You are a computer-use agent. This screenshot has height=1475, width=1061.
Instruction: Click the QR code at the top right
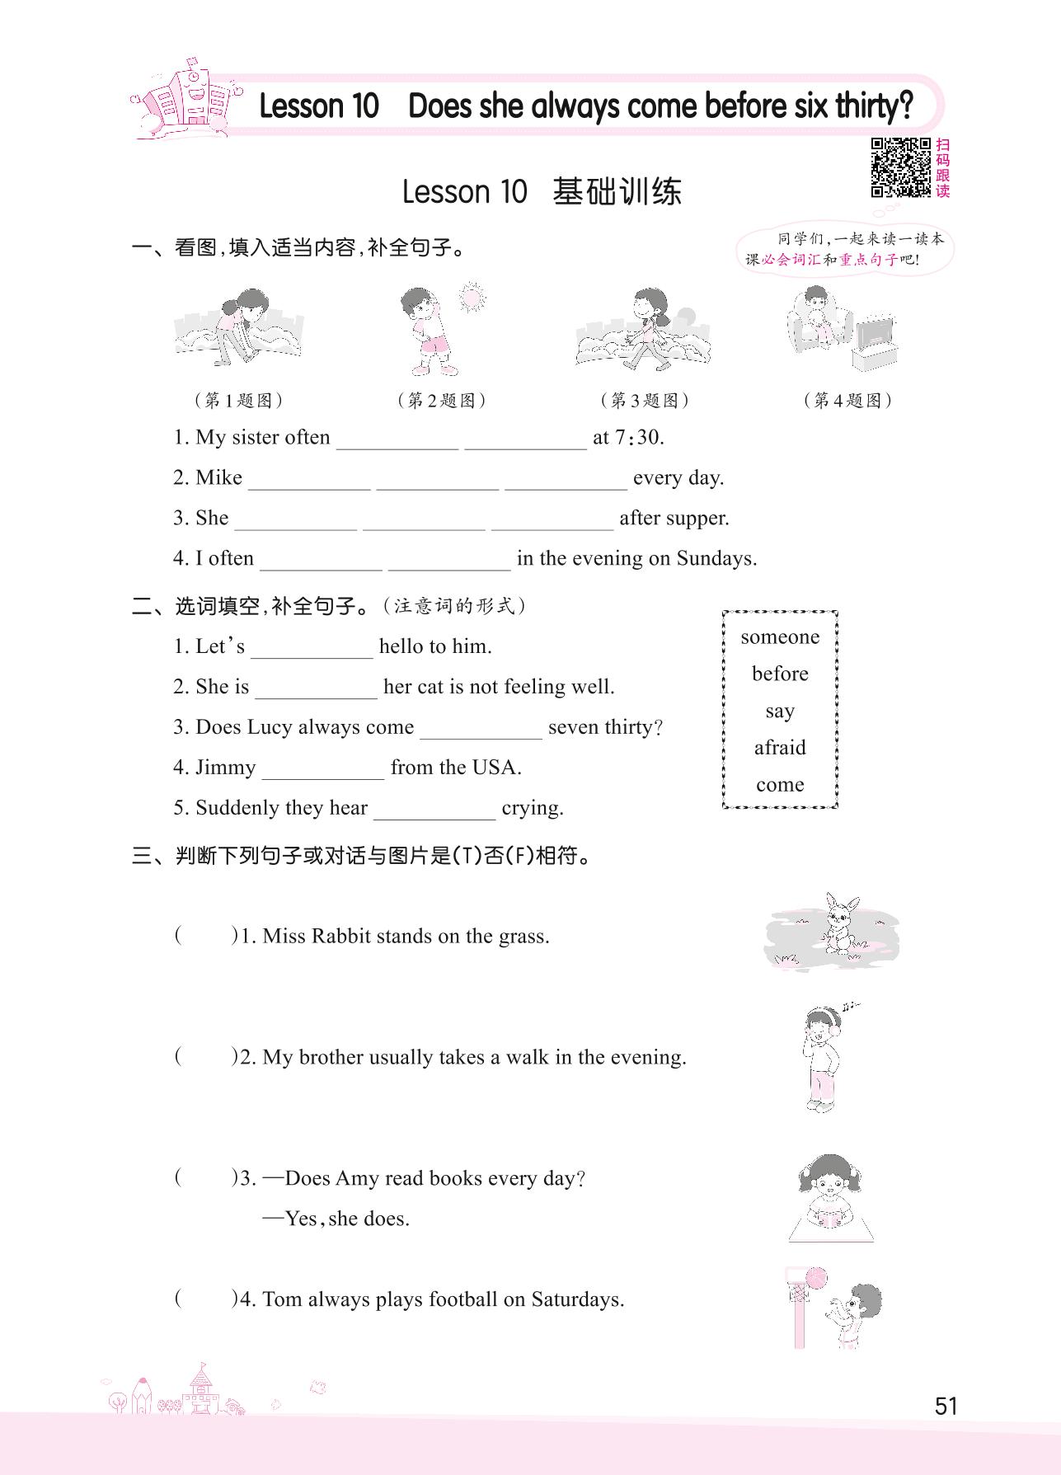901,167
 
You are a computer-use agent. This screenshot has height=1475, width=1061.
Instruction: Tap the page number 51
946,1405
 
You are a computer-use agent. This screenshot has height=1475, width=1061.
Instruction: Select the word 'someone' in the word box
780,637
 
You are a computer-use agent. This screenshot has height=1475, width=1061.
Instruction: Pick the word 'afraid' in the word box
780,748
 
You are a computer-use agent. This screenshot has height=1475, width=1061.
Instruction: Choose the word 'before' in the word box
780,674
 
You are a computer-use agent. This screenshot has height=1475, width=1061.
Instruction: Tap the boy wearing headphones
822,1057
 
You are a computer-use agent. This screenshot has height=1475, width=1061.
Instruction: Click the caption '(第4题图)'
847,401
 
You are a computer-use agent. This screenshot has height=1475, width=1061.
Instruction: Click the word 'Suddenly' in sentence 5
237,808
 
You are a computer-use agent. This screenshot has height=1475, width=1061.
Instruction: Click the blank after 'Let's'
312,648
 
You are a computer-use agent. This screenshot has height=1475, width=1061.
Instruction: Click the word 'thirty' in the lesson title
873,106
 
